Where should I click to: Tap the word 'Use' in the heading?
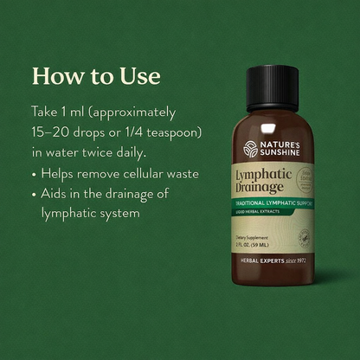click(x=138, y=76)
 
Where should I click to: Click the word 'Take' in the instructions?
click(x=46, y=113)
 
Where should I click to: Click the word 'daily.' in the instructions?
click(x=161, y=153)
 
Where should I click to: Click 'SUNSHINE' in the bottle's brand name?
click(x=279, y=152)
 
